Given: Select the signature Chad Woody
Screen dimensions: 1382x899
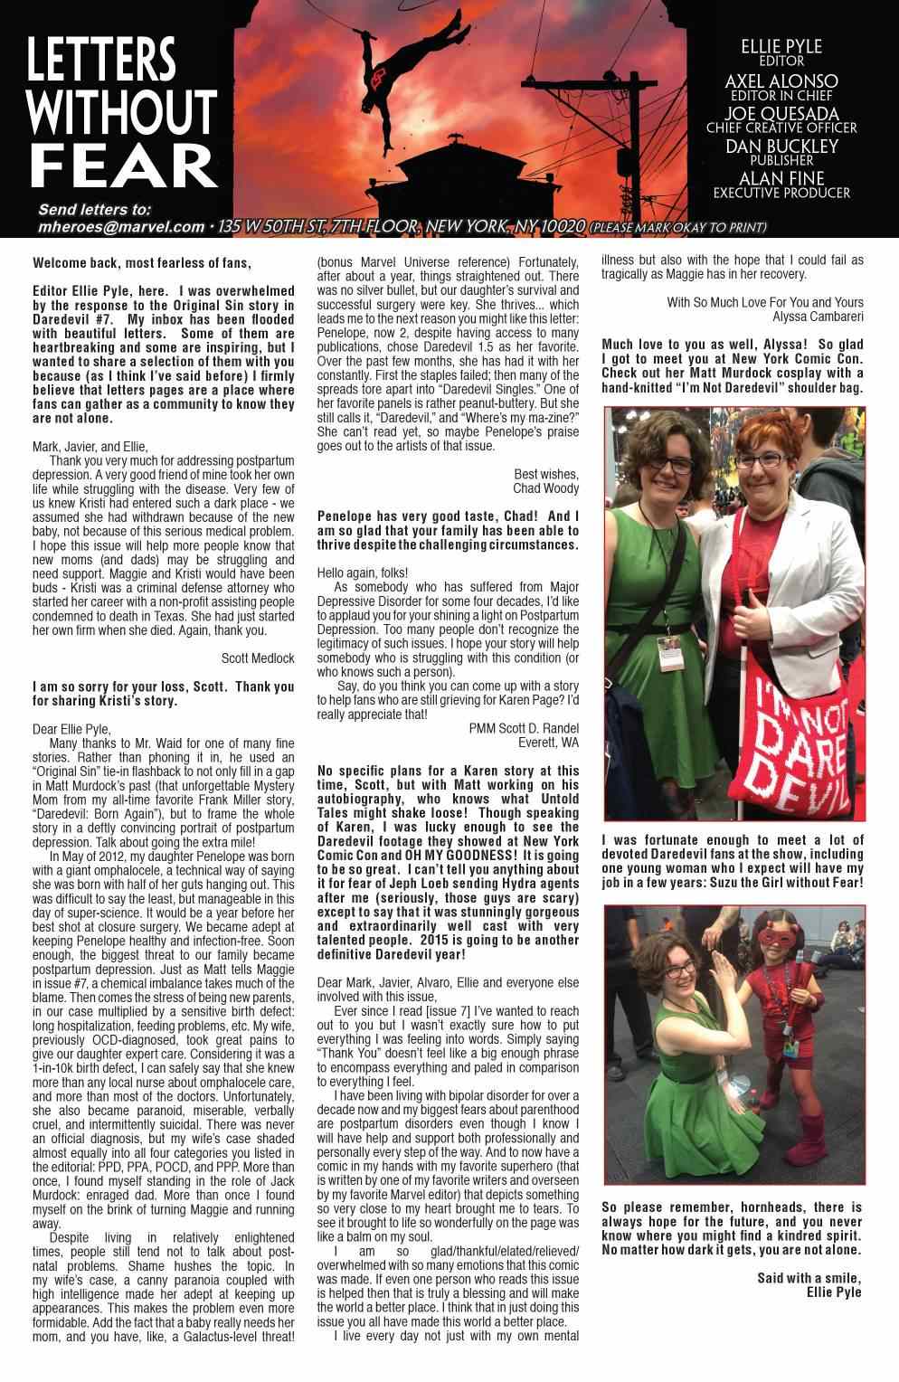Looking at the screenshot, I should pos(545,488).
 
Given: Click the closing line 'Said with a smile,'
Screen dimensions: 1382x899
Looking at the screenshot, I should pos(809,1278).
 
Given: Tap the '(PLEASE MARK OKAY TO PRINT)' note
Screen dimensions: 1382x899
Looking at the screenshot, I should pos(678,227).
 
